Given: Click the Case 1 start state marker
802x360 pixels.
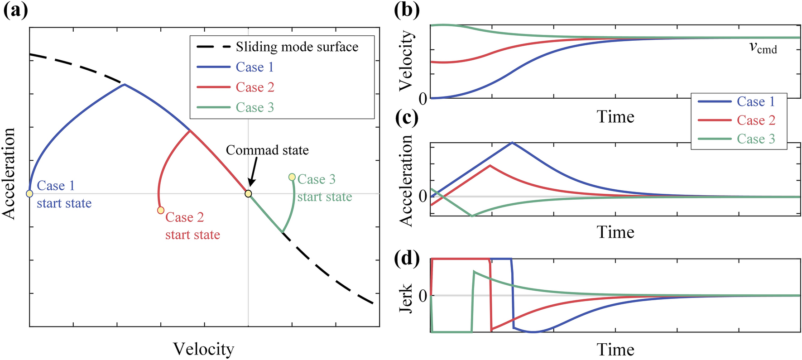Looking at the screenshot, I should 29,194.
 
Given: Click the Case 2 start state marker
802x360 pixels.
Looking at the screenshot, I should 160,210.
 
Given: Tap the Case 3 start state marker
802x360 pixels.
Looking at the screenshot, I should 292,177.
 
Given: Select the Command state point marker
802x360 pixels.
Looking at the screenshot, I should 248,194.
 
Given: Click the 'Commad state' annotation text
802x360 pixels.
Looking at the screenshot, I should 267,150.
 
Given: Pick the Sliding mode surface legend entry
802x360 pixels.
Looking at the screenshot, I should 277,47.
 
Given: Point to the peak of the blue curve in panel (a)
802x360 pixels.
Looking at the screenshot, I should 125,84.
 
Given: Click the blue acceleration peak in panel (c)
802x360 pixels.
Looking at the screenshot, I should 512,143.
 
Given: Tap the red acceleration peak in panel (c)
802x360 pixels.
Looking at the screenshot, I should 490,165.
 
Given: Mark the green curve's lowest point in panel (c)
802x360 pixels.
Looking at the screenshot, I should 472,216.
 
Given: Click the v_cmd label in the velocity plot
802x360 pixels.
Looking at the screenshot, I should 763,48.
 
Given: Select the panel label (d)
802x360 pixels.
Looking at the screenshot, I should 407,258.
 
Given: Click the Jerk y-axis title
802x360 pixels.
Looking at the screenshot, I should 406,298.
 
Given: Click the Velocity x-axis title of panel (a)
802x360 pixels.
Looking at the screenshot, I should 204,349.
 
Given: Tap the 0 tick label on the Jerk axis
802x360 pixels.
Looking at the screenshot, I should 423,296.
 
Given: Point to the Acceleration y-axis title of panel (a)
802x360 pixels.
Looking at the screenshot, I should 9,173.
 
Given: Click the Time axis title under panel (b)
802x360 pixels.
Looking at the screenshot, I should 615,117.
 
